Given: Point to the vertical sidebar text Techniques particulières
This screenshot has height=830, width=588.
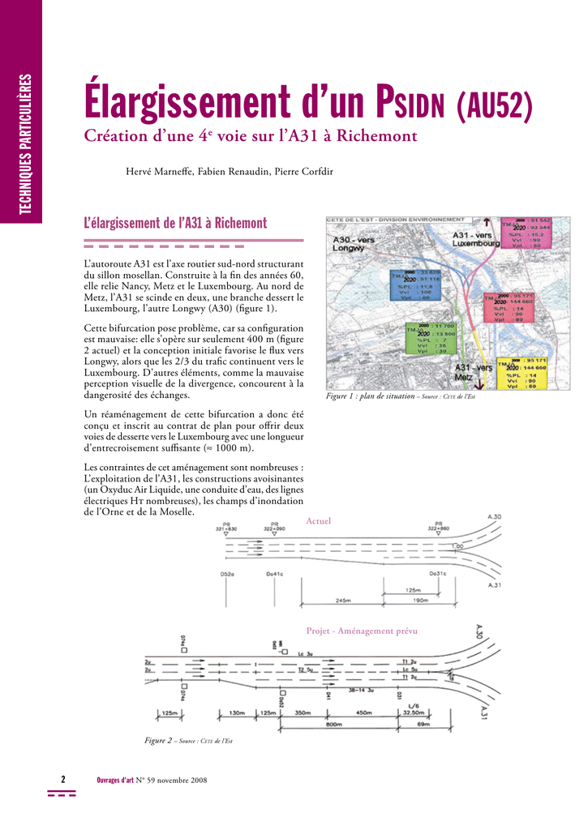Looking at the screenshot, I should (x=27, y=145).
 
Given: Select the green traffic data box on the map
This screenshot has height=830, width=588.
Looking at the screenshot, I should (x=431, y=338).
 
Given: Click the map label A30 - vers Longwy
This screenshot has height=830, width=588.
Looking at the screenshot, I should (x=354, y=244).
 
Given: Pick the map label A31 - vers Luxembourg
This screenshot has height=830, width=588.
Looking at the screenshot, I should (x=477, y=238).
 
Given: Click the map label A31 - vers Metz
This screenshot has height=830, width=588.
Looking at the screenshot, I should (x=473, y=372).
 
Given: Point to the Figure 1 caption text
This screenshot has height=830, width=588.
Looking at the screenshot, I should (x=400, y=396).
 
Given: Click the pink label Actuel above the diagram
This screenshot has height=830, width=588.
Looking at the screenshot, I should (x=318, y=521).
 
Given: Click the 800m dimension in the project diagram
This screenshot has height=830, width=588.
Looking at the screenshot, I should (x=333, y=724).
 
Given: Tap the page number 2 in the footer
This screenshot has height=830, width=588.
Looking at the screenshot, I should (x=62, y=780).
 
